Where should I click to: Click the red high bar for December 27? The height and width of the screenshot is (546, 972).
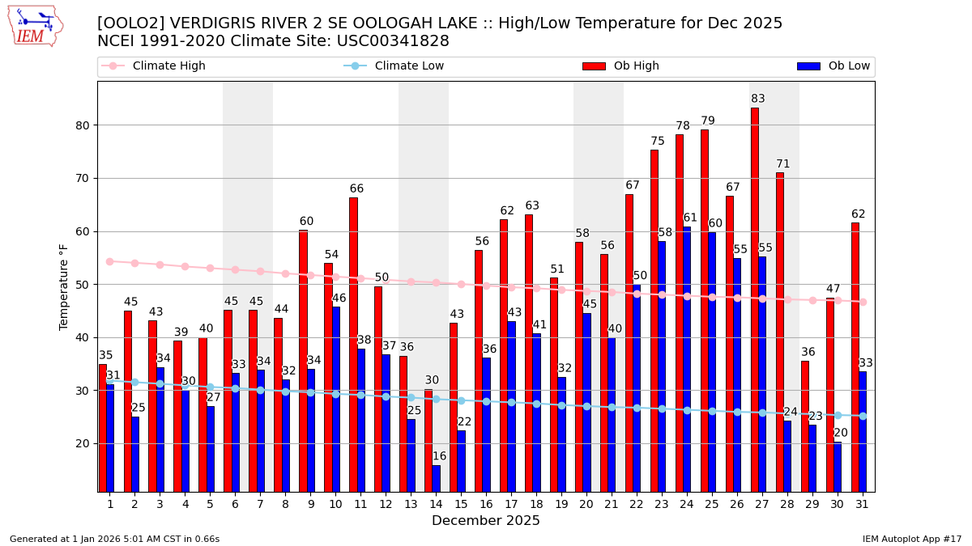tap(754, 299)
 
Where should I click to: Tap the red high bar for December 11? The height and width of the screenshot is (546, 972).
tap(353, 344)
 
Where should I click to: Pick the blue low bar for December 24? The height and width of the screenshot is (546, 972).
tap(687, 359)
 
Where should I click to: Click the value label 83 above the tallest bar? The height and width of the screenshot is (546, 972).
tap(757, 99)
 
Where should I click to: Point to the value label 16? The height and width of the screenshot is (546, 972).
tap(439, 456)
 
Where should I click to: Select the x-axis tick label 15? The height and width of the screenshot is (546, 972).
tap(461, 504)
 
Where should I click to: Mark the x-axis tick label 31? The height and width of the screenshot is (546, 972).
tap(863, 504)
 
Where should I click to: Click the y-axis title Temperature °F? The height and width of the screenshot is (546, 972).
tap(64, 287)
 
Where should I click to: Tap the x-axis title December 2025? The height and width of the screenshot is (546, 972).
tap(485, 521)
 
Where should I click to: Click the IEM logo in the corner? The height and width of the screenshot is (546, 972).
tap(36, 26)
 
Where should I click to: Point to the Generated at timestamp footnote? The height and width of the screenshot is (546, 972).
tap(114, 539)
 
